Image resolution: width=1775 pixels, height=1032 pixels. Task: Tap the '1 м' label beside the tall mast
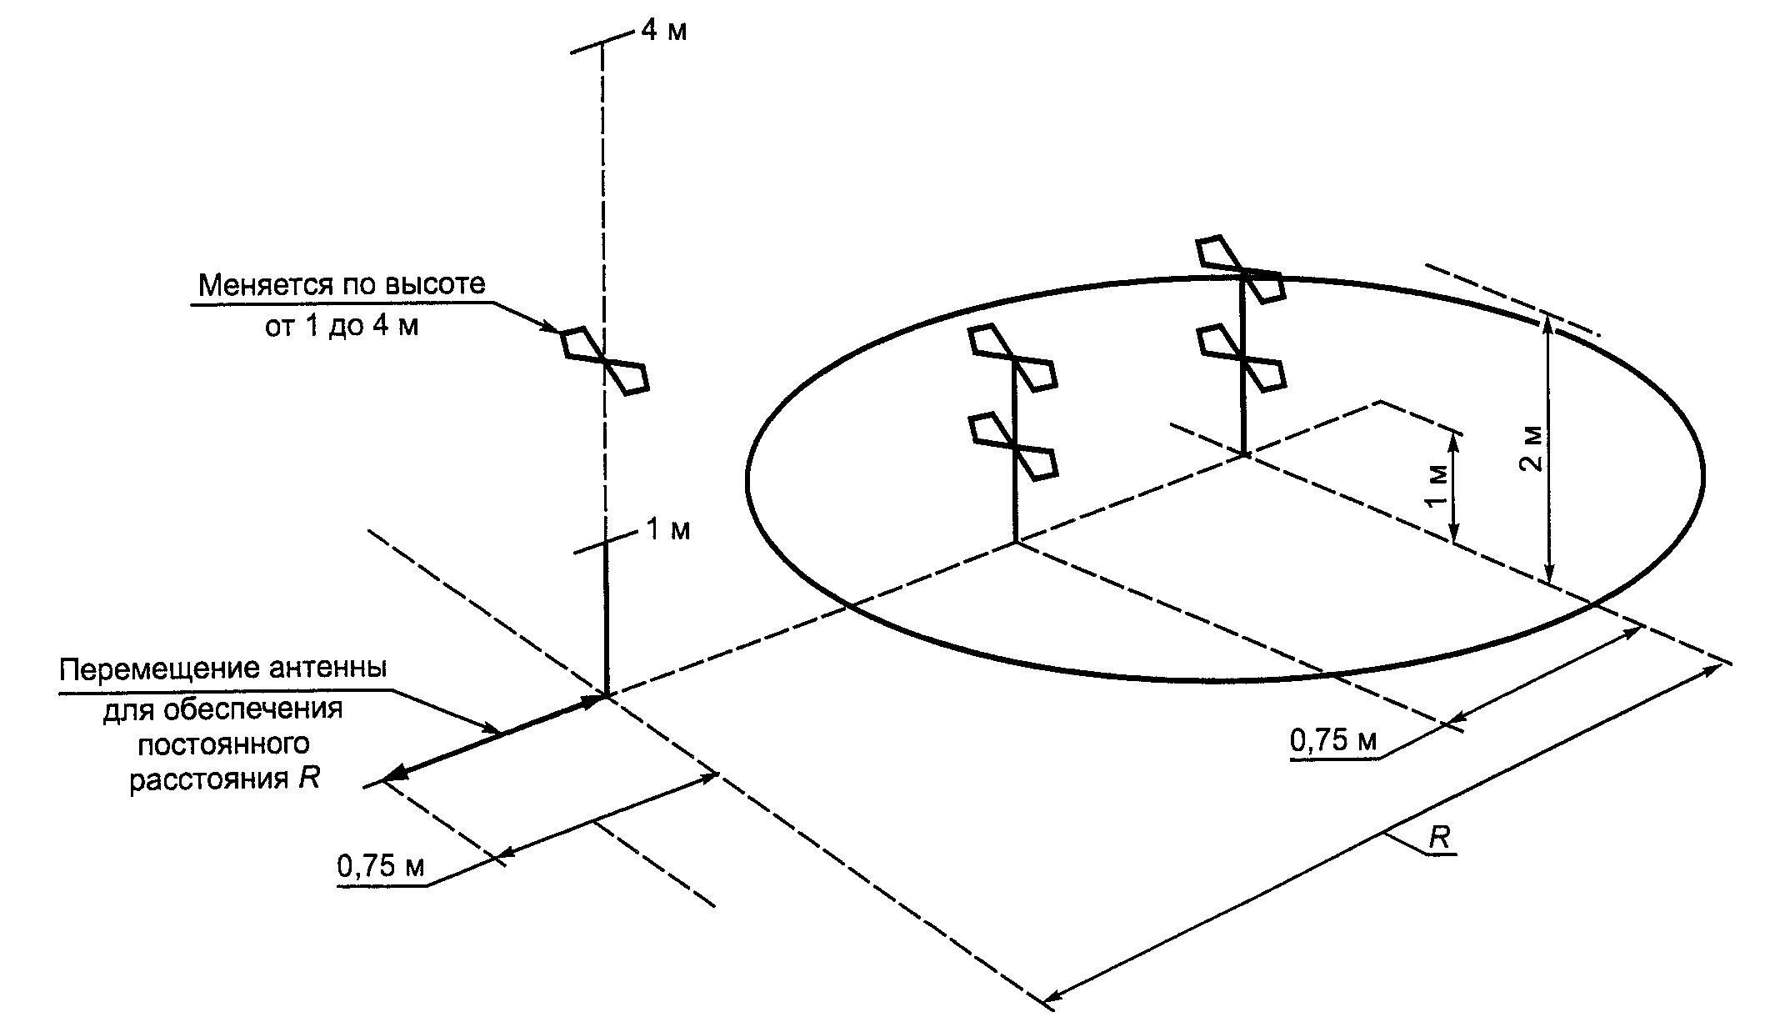pyautogui.click(x=668, y=530)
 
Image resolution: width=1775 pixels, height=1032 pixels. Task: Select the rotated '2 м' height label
pyautogui.click(x=1531, y=450)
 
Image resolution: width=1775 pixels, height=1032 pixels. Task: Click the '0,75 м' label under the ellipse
pyautogui.click(x=1333, y=740)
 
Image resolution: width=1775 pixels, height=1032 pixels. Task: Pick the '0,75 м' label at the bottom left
pyautogui.click(x=381, y=867)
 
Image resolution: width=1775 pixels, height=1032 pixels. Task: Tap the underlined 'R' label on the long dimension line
pyautogui.click(x=1439, y=839)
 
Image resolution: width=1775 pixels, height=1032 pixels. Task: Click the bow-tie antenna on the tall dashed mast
pyautogui.click(x=603, y=360)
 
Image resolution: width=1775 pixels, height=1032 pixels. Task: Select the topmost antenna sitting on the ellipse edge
pyautogui.click(x=1240, y=269)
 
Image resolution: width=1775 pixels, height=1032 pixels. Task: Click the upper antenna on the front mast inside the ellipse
pyautogui.click(x=1013, y=358)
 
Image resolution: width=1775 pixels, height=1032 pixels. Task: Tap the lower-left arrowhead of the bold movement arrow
pyautogui.click(x=394, y=776)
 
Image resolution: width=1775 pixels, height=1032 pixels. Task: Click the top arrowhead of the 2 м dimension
pyautogui.click(x=1547, y=322)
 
